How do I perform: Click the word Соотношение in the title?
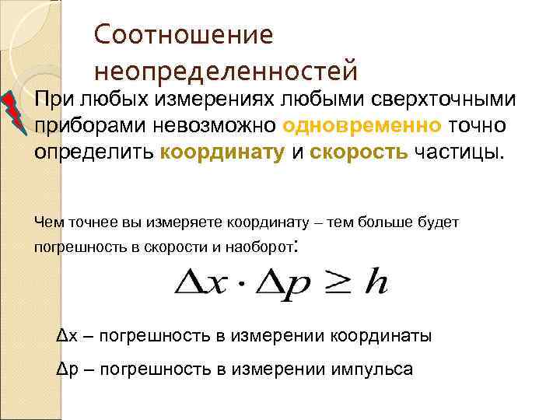[x=184, y=35]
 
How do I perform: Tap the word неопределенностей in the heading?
[x=226, y=71]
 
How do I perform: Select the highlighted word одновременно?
[x=363, y=125]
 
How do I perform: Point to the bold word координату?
[x=222, y=151]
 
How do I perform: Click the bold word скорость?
[x=359, y=151]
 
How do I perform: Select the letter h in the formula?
[x=377, y=284]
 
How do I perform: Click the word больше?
[x=387, y=222]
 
